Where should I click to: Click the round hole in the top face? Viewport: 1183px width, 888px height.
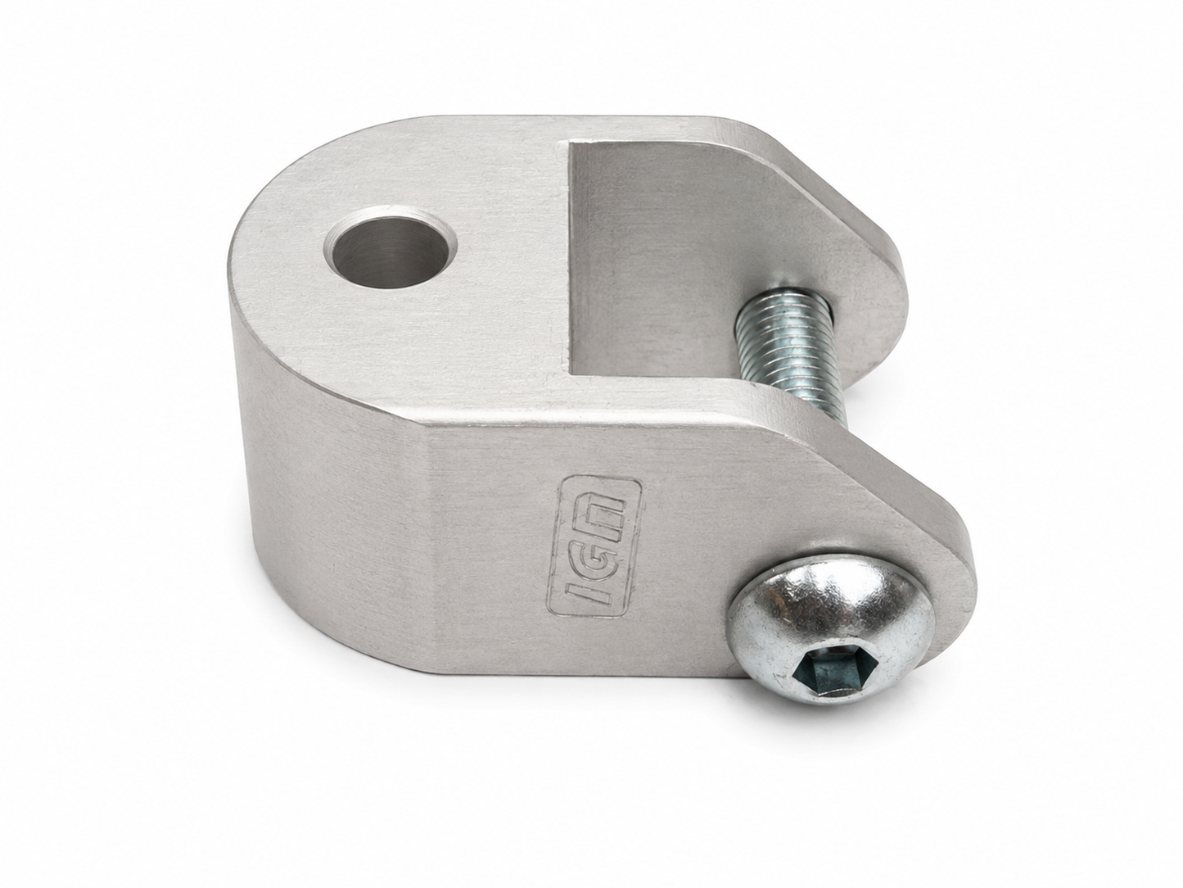click(x=390, y=251)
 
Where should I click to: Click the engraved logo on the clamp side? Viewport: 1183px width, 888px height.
click(x=595, y=546)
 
